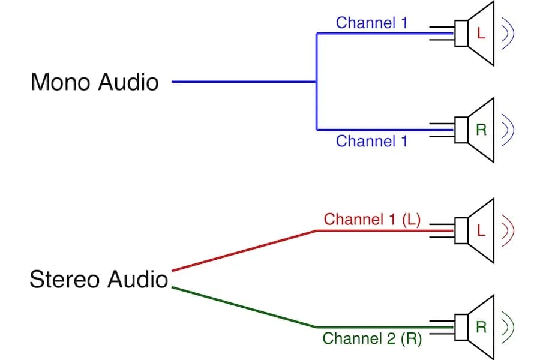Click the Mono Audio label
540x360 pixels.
(95, 82)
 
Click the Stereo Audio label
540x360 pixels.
(99, 280)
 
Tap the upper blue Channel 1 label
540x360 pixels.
(371, 23)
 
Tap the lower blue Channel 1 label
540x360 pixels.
(371, 141)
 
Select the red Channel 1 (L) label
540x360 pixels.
(372, 219)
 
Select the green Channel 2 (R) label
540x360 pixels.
(372, 338)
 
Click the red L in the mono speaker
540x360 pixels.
(480, 34)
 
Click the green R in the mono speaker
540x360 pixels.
(480, 130)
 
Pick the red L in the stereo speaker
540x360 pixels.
(480, 230)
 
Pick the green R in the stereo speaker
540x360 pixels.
(480, 327)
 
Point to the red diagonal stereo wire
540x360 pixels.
(244, 250)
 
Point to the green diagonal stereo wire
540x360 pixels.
(244, 307)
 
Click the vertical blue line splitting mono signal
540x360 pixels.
(316, 82)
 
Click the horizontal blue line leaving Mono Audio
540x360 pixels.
(244, 82)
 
